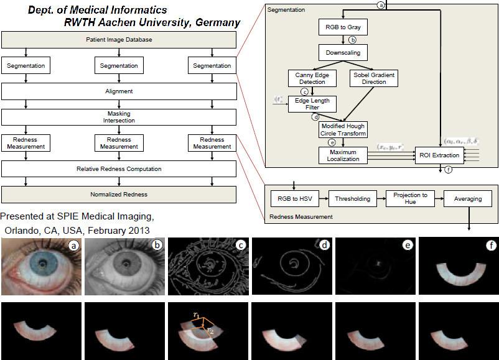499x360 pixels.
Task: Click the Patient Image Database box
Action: point(119,40)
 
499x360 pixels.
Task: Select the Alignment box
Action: point(119,91)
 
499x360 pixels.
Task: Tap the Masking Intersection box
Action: point(119,116)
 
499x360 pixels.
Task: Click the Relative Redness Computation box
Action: point(119,168)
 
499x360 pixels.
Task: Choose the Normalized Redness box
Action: point(119,195)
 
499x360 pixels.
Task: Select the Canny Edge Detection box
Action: point(312,78)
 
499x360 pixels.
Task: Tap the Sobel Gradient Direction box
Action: point(374,78)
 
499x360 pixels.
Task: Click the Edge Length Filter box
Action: point(312,103)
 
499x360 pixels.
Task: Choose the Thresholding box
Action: point(352,199)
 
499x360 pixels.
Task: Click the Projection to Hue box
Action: point(409,199)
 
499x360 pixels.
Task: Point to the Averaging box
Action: point(467,199)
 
